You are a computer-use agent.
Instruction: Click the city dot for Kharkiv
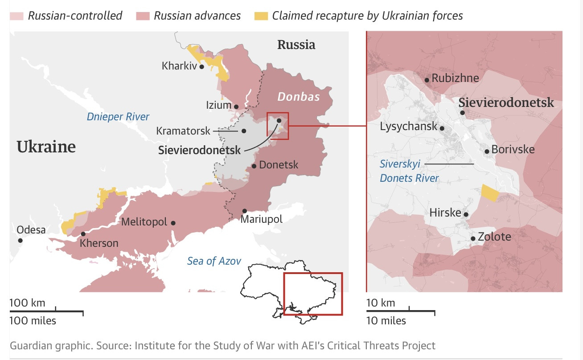201,66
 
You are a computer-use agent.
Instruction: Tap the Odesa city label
31,230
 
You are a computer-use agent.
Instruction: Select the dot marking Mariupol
245,211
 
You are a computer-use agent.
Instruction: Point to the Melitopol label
144,222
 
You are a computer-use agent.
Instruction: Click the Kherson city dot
83,234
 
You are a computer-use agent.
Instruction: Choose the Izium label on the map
218,106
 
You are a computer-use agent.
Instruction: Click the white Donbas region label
298,97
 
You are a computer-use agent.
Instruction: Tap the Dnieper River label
118,117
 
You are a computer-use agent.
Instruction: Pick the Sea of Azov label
214,261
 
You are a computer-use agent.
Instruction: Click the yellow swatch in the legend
261,16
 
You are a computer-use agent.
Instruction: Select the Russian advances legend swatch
143,16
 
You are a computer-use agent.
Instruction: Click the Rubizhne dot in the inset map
427,80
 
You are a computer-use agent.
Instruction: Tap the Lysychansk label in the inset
408,127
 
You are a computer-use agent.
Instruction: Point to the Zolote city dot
473,238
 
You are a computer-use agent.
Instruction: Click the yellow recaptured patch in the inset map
490,193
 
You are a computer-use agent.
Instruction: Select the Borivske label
513,149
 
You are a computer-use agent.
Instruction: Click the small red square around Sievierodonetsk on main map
278,126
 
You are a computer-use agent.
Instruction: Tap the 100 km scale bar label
27,303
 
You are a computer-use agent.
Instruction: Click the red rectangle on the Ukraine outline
313,294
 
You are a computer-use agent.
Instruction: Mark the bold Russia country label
296,45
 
